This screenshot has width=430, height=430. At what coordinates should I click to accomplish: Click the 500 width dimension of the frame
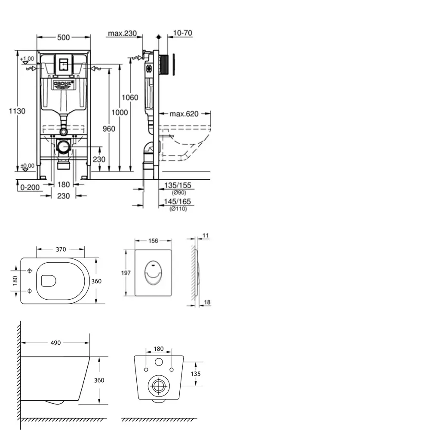(63, 37)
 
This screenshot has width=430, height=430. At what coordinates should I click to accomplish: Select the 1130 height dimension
(18, 111)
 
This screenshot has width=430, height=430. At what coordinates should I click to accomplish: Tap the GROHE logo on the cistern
(63, 84)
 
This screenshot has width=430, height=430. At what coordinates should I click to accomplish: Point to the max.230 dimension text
(122, 34)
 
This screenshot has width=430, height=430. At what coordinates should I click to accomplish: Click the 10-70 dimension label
(182, 34)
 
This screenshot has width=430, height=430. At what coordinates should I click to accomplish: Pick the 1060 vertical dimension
(130, 98)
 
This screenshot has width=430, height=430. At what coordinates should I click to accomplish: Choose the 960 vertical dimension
(109, 129)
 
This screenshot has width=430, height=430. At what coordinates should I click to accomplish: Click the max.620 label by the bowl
(184, 114)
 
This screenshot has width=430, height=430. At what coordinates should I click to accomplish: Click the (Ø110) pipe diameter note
(177, 209)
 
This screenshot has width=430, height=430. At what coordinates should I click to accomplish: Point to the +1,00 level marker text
(27, 58)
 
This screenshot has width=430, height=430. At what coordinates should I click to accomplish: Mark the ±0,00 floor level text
(27, 166)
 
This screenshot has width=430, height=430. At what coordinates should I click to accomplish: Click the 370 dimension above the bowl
(61, 249)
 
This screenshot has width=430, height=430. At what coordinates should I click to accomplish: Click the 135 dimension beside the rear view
(196, 374)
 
